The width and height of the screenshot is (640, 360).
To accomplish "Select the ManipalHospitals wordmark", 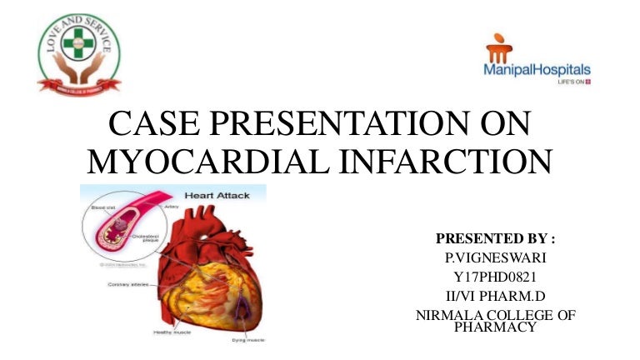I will [537, 71].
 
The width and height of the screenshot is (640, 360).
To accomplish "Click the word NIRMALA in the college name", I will [449, 314].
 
